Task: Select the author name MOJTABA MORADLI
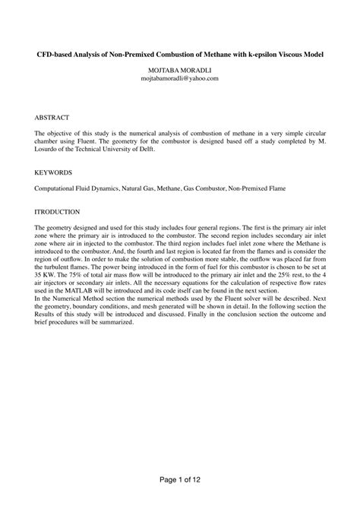pyautogui.click(x=180, y=71)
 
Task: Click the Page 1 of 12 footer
pyautogui.click(x=180, y=480)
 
